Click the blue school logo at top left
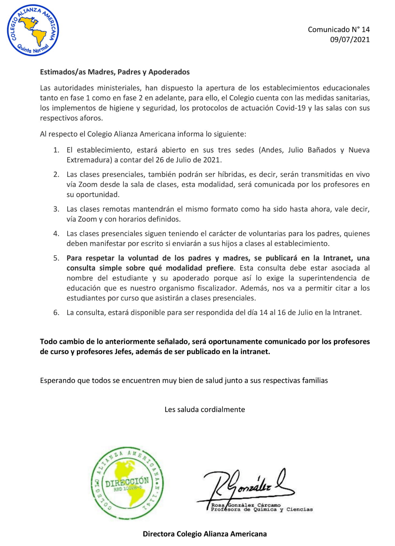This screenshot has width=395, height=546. pos(33,30)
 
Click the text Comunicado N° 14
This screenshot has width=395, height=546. pos(339,30)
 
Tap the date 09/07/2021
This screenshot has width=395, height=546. pos(350,40)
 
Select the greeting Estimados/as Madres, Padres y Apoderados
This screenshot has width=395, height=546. pos(115,72)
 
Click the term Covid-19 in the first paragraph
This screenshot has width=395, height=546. pos(290,108)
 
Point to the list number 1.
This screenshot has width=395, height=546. pos(56,150)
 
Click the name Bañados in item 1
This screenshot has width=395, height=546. pos(322,150)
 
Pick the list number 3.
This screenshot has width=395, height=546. pos(56,209)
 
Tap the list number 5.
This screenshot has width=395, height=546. pos(56,258)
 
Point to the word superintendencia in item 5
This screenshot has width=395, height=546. pos(328,278)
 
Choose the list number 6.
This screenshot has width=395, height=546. pos(56,313)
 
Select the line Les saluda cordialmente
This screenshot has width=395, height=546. pos(204,410)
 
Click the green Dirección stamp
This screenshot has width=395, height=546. pos(127,483)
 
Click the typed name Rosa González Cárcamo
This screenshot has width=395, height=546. pos(246,505)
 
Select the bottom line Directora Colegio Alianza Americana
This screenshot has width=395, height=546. pos(204,534)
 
